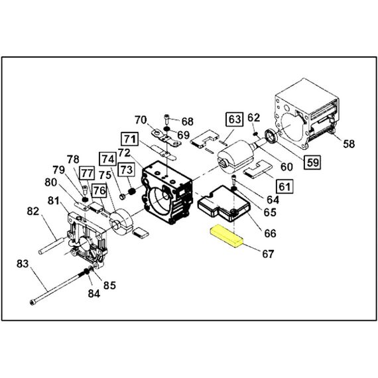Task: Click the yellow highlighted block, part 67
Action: [227, 236]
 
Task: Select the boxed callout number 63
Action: [234, 119]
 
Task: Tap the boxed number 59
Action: [312, 162]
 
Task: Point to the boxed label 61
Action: [284, 186]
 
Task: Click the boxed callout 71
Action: [130, 139]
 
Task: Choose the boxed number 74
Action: [107, 159]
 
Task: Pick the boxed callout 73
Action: [126, 170]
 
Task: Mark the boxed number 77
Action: [87, 172]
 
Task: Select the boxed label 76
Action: [99, 190]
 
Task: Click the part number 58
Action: [349, 144]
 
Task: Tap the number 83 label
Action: [23, 264]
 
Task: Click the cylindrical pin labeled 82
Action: [52, 245]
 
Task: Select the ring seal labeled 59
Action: [271, 136]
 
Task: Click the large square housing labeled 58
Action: [307, 114]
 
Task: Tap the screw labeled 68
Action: [167, 119]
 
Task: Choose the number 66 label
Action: [270, 233]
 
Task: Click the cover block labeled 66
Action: [224, 204]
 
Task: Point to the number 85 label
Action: [109, 285]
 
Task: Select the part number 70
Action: [141, 120]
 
